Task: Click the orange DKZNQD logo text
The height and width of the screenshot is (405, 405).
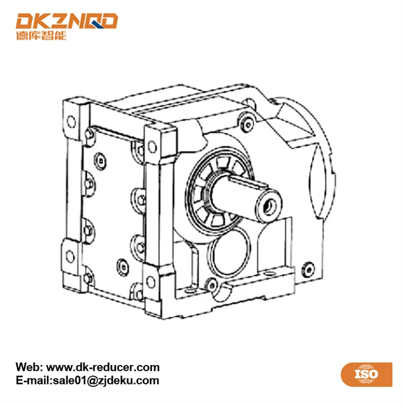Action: (x=67, y=21)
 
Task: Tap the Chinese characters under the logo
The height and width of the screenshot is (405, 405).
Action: (x=41, y=36)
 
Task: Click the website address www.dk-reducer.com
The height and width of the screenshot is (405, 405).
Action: (x=103, y=367)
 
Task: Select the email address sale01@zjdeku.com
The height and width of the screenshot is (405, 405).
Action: (x=106, y=381)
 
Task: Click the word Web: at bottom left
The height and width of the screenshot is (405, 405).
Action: (x=29, y=367)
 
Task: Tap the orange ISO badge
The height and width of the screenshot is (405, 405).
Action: (x=366, y=374)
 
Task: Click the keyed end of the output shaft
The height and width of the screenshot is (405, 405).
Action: (x=269, y=206)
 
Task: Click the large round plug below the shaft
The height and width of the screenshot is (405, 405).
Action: (x=230, y=253)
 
